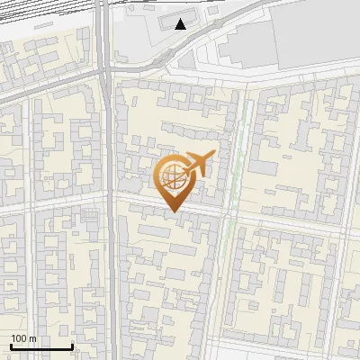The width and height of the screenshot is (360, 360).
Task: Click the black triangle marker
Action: pos(182,24)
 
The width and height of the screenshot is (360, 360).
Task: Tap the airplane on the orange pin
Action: pos(198,165)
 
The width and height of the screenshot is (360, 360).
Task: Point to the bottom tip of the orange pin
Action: pos(173,211)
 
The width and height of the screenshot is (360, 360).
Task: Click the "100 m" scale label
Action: pos(23,338)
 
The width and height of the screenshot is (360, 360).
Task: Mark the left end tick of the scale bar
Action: pos(11,345)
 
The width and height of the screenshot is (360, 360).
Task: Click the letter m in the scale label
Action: pos(33,338)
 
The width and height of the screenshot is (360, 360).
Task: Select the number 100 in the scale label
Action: pos(19,338)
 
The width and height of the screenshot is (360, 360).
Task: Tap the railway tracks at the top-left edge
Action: pos(36,13)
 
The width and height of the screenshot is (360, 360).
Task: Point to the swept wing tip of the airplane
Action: pos(212,155)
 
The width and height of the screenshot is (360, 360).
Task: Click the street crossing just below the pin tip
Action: pos(174,217)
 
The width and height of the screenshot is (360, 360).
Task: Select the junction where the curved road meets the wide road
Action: pos(108,71)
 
